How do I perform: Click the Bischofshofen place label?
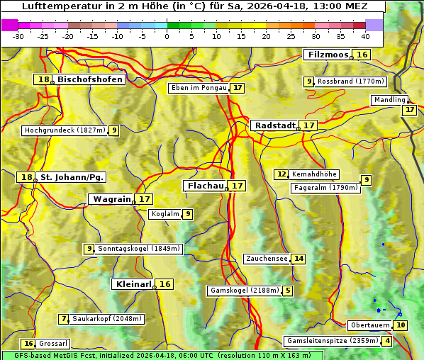[x=90, y=80]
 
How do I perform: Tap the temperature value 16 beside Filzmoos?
[x=362, y=55]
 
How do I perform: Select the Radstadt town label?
[x=275, y=125]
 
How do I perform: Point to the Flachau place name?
[x=204, y=186]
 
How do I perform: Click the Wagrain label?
[x=112, y=199]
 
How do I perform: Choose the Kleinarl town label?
[x=133, y=284]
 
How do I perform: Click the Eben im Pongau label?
[x=199, y=88]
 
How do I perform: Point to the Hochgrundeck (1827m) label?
[x=65, y=130]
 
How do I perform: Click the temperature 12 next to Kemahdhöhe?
[x=282, y=174]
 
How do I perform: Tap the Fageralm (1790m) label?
[x=325, y=188]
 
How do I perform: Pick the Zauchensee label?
[x=267, y=259]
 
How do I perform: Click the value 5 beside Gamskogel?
[x=288, y=291]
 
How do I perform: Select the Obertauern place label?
[x=370, y=325]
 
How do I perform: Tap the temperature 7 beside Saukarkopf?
[x=64, y=319]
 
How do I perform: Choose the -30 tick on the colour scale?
[x=18, y=36]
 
